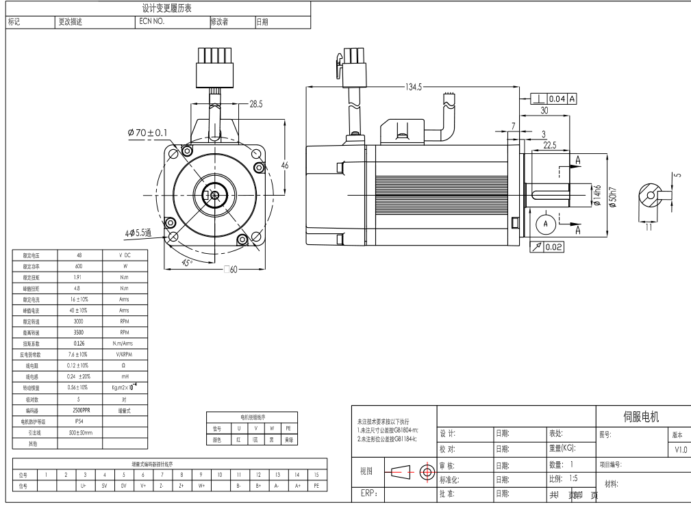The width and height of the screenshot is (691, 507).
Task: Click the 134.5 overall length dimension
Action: coord(414,87)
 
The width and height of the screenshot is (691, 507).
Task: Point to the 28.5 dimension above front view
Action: coord(256,104)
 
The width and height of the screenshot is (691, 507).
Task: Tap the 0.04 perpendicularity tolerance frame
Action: coord(554,99)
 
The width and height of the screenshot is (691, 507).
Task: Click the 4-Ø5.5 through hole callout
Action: coord(138,233)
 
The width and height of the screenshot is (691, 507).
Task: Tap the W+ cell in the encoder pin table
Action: coord(201,485)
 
